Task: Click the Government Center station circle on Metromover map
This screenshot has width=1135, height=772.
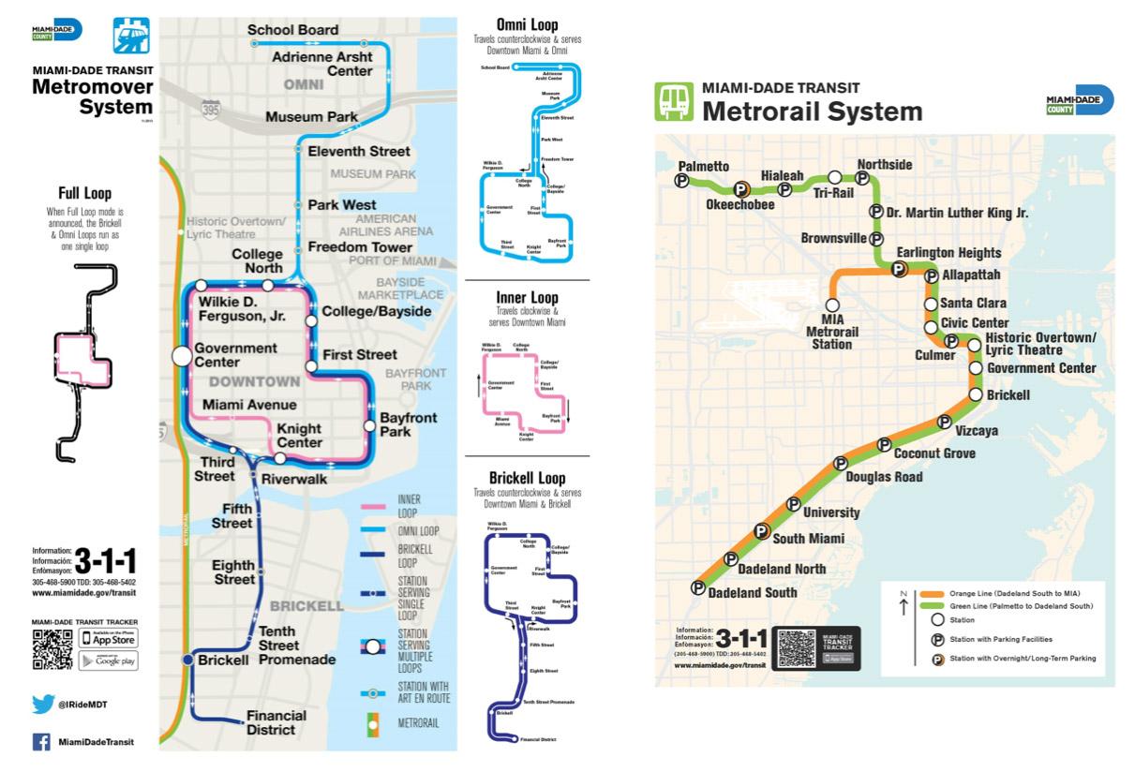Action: pyautogui.click(x=181, y=356)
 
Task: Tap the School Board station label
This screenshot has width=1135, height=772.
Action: pyautogui.click(x=292, y=30)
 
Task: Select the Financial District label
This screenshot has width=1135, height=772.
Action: pyautogui.click(x=276, y=722)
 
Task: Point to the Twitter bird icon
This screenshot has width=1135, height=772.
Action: pyautogui.click(x=43, y=705)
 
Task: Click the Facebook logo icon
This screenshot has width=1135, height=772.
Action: pyautogui.click(x=42, y=741)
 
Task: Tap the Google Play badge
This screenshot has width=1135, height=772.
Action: pyautogui.click(x=109, y=661)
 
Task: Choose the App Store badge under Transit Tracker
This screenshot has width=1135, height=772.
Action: pyautogui.click(x=109, y=639)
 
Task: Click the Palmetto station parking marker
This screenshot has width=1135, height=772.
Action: pyautogui.click(x=682, y=182)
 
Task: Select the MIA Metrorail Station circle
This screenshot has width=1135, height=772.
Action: pyautogui.click(x=832, y=304)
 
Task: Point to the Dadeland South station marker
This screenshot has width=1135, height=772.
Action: pyautogui.click(x=697, y=588)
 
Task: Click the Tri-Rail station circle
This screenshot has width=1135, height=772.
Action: pyautogui.click(x=834, y=176)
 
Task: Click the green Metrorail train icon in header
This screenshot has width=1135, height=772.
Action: pyautogui.click(x=671, y=101)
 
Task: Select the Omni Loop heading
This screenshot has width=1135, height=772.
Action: pyautogui.click(x=527, y=24)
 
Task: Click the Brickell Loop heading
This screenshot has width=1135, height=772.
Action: pyautogui.click(x=527, y=477)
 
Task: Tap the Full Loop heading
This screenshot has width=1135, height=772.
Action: pyautogui.click(x=84, y=194)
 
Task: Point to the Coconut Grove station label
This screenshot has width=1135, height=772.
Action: pyautogui.click(x=933, y=453)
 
